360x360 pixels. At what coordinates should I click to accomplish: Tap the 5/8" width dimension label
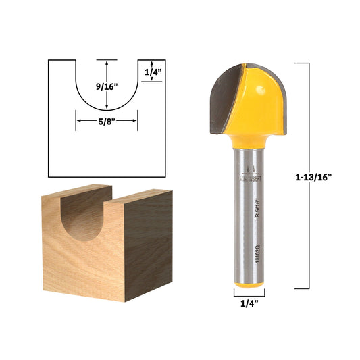(x=107, y=122)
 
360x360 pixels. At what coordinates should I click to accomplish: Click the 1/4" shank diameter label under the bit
(x=249, y=305)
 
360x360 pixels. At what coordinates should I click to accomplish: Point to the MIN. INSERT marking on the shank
(x=249, y=178)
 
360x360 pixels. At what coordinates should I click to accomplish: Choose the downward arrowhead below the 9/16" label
(x=107, y=107)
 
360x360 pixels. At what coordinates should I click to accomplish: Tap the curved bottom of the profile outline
(x=107, y=111)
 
